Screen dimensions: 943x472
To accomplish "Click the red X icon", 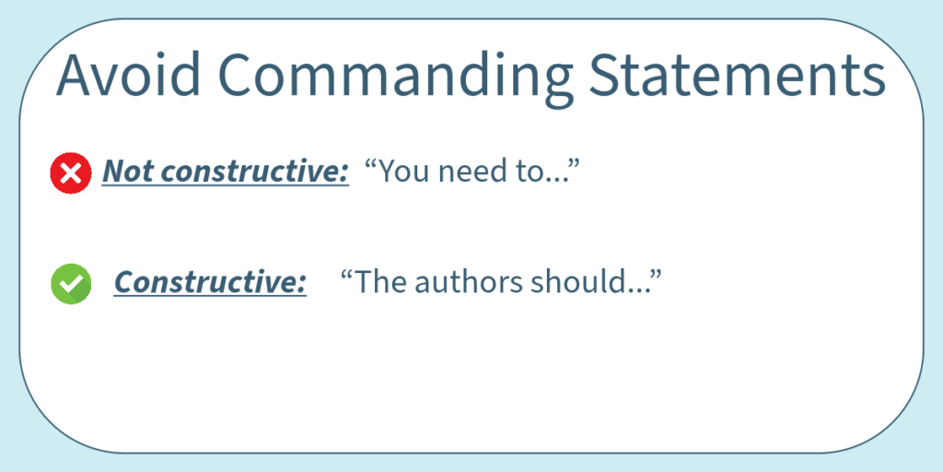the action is tap(71, 173).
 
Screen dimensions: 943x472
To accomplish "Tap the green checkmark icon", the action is tap(71, 284).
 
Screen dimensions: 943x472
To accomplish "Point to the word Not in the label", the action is tap(123, 172).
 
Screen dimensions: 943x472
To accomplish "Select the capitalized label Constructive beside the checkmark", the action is tap(210, 283).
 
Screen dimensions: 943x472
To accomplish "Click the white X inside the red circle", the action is tap(71, 173).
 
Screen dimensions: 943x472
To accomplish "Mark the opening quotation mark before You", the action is tap(370, 164).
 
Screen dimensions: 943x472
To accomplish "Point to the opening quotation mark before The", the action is tap(346, 275).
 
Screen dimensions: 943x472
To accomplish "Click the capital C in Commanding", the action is tap(237, 75).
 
